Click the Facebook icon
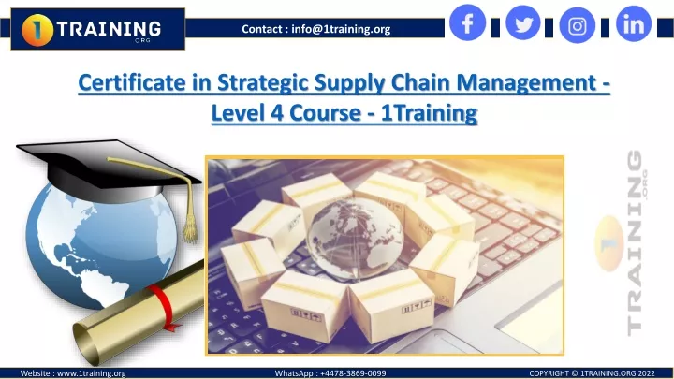coord(467,22)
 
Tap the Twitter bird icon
coord(523,22)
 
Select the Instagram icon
coord(578,25)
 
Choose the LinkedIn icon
coord(634,24)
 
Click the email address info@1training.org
coord(341,29)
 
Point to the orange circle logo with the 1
coord(37,30)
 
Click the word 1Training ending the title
coord(429,114)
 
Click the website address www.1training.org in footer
coord(92,373)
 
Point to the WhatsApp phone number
coord(353,373)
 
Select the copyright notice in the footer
coord(592,373)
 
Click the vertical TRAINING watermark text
coord(635,242)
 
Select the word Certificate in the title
coord(132,82)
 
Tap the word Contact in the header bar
coord(262,29)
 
